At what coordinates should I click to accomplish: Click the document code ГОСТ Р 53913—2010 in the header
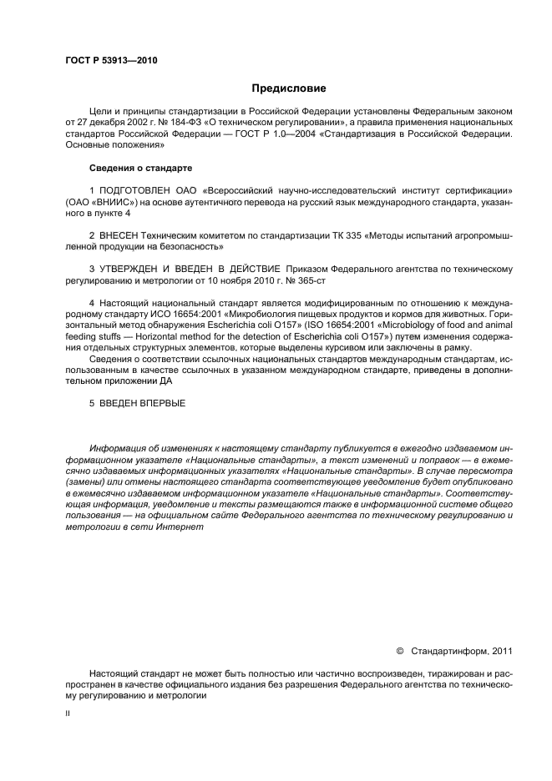(110, 61)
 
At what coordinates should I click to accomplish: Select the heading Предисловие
(289, 88)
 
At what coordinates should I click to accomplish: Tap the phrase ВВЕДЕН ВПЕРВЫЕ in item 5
(142, 403)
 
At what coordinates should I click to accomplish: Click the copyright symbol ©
(398, 649)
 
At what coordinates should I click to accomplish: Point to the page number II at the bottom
(68, 713)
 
